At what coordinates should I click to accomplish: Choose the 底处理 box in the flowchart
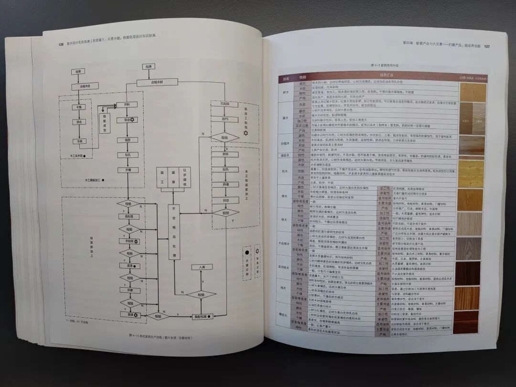pos(129,216)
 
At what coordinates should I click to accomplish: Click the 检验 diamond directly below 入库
pos(201,294)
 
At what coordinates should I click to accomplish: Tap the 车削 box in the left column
pos(78,141)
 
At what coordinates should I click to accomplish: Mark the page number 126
pos(61,44)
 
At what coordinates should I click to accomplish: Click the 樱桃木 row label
pos(282,316)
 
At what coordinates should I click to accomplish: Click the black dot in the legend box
pos(247,252)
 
